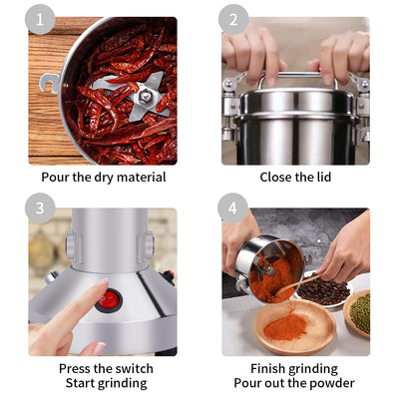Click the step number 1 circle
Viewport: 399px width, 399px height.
(40, 19)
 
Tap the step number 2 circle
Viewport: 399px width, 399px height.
(233, 19)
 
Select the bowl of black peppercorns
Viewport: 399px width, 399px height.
(324, 291)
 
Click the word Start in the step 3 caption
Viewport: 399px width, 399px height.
(83, 383)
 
